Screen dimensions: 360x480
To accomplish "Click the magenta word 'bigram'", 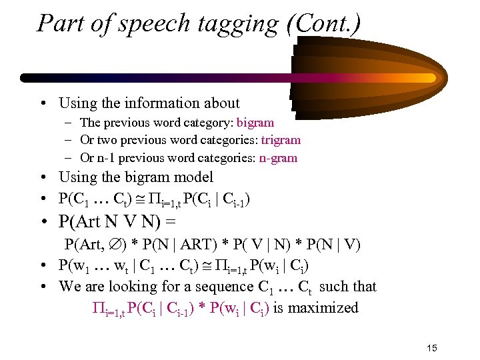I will [x=256, y=123].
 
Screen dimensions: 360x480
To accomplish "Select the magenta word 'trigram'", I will [x=281, y=140].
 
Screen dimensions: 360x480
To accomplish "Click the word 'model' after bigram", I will [x=193, y=177].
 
